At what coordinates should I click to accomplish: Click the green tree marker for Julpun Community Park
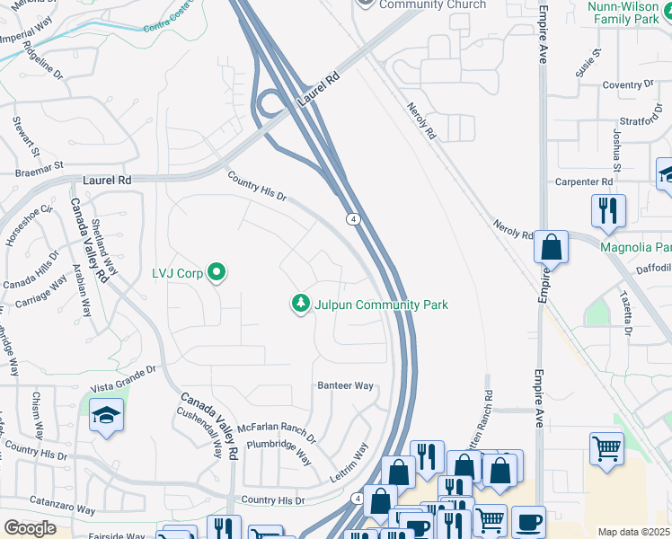coord(300,305)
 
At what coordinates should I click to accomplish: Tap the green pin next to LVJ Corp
coord(216,270)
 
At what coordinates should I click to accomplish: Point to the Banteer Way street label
coord(345,385)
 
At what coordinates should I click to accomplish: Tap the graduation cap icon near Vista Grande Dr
coord(107,415)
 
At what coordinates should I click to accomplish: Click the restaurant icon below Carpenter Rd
coord(608,210)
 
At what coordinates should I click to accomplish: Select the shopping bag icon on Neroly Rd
coord(551,245)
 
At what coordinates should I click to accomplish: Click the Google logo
coord(30,528)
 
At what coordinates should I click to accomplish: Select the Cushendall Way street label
coord(199,430)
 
